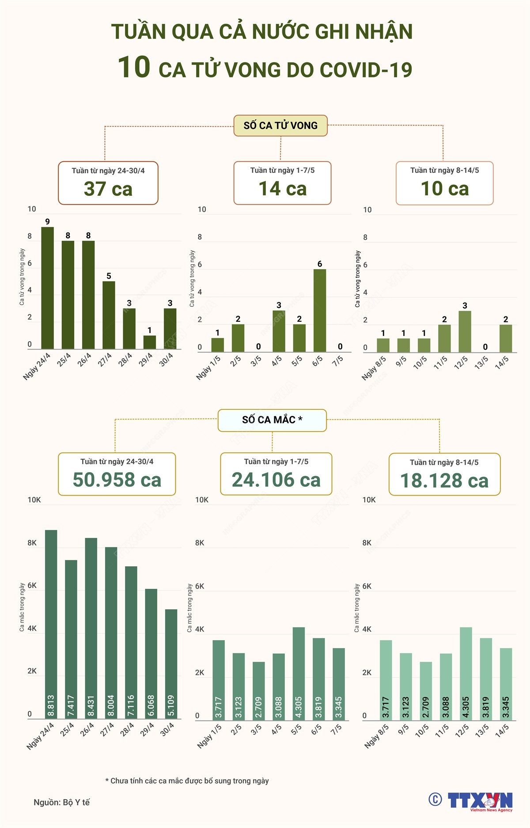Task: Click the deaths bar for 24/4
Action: point(47,288)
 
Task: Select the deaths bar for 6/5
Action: point(320,310)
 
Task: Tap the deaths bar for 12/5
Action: point(465,332)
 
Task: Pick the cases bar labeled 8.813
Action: point(51,624)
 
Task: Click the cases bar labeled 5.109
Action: point(171,664)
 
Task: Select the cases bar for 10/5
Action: point(426,690)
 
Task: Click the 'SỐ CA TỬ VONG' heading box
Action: point(280,126)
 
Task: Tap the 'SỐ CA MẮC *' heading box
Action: point(272,420)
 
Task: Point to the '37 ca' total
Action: point(108,189)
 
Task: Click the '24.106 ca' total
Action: point(276,480)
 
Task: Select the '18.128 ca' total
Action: point(444,481)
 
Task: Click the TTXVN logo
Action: point(481,801)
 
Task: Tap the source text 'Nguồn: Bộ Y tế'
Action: point(62,802)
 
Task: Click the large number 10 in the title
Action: point(134,68)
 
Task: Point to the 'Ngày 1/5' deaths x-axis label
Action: point(208,366)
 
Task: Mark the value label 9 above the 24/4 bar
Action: point(47,221)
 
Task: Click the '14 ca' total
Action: point(283,189)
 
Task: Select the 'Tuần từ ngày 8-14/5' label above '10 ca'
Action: point(444,171)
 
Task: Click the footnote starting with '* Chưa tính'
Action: point(187,781)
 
